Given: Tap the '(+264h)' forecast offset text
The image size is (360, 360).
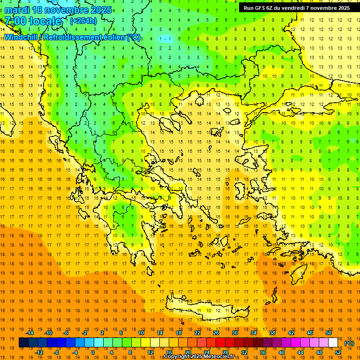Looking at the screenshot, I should click(83, 21).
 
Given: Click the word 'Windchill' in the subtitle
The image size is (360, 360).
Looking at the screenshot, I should click(22, 37).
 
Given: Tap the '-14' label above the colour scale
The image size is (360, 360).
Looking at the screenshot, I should click(30, 333).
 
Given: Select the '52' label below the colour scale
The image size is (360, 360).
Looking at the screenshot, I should click(338, 352).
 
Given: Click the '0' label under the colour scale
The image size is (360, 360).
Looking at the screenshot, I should click(92, 352).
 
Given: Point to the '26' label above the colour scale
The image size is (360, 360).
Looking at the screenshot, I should click(216, 333).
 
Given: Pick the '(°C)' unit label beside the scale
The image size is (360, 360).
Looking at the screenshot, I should click(349, 343).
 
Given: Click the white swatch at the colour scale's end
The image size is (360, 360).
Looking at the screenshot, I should click(333, 343).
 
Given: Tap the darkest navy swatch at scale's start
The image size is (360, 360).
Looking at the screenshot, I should click(23, 343).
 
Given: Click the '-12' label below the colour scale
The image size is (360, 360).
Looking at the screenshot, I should click(39, 352).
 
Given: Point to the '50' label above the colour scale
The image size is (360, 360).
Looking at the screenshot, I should click(329, 333).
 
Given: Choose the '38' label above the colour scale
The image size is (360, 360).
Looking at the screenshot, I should click(272, 333).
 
